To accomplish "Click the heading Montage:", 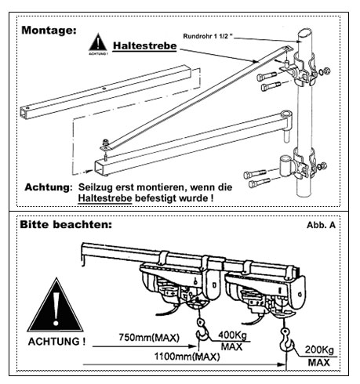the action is coord(49,30).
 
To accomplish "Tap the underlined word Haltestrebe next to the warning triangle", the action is coord(144,46).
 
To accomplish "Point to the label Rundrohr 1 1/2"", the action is coord(208,36).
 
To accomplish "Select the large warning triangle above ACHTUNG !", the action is coord(56,306).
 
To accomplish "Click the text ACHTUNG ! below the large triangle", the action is coord(56,342).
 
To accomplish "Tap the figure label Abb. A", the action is coord(321,225).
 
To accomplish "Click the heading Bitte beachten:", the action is coord(66,224).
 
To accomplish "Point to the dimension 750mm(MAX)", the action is coord(149,337).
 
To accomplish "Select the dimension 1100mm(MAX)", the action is coord(187,357).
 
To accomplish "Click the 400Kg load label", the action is coord(232,335).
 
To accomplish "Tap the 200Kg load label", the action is coord(319,350).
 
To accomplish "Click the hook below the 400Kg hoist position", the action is coord(202,331).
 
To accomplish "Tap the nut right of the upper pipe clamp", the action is coord(326,71).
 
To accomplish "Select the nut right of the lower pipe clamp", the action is coord(323,165).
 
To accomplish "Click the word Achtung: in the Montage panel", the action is coord(49,187).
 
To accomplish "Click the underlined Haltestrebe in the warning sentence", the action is coord(105,198).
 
